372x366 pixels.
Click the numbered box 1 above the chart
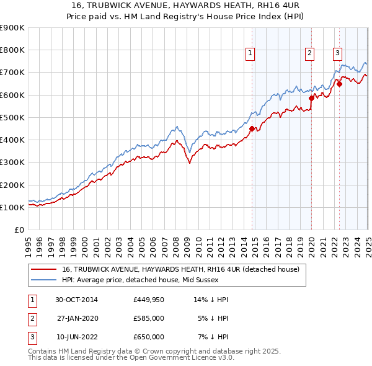[250, 53]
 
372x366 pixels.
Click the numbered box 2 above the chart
[309, 53]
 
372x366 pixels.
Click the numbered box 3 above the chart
[337, 53]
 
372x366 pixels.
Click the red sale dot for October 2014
[252, 128]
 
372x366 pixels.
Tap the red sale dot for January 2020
[311, 98]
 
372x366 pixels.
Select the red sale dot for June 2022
[339, 84]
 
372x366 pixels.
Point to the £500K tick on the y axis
[12, 117]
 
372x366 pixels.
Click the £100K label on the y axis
[12, 207]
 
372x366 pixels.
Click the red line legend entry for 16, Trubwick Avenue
[180, 269]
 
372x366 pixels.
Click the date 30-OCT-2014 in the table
[77, 300]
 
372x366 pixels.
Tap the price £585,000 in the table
[148, 318]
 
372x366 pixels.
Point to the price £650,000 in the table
[148, 337]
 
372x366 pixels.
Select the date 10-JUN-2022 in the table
[77, 337]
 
